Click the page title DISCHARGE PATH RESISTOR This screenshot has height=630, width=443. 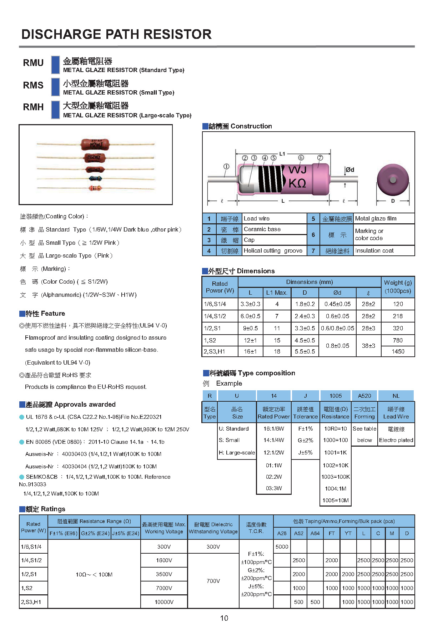tap(116, 34)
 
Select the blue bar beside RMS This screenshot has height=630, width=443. tap(55, 87)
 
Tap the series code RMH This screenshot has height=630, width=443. tap(33, 107)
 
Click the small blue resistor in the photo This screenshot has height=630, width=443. tap(95, 179)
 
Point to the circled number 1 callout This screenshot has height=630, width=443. tap(226, 167)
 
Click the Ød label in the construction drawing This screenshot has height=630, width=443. tap(350, 170)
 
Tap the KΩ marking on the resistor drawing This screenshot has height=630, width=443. tap(297, 183)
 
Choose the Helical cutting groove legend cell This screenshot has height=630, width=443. tap(273, 251)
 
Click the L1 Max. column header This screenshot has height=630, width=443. tap(277, 293)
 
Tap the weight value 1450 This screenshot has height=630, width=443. tap(398, 351)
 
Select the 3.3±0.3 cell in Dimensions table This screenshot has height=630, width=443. tap(250, 304)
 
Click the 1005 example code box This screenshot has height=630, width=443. tap(336, 396)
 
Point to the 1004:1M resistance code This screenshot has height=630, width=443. tap(336, 488)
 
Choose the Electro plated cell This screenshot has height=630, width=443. tap(396, 440)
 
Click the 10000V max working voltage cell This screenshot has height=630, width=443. tap(164, 602)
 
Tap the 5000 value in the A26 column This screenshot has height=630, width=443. tap(282, 547)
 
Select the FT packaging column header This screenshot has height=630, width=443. tap(332, 533)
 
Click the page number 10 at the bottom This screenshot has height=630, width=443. tap(224, 618)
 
